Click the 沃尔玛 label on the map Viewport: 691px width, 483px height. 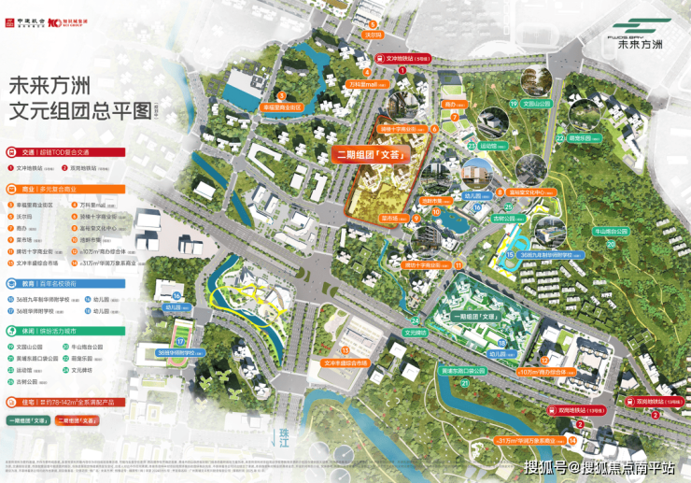tap(374, 35)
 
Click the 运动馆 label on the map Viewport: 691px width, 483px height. tap(488, 146)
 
